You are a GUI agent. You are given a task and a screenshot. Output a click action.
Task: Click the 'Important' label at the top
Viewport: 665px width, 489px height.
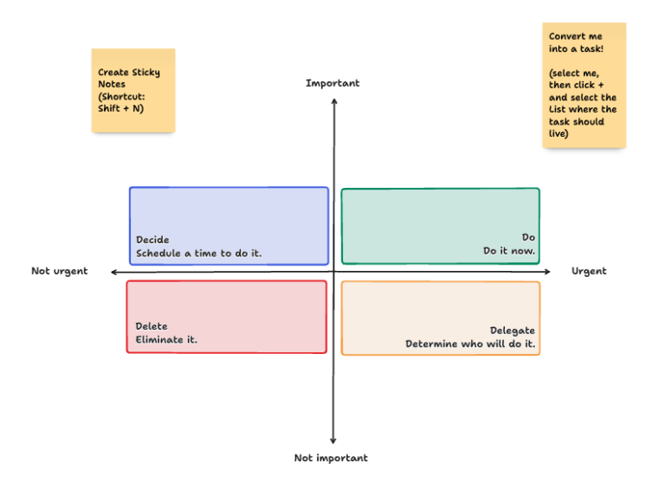pos(332,83)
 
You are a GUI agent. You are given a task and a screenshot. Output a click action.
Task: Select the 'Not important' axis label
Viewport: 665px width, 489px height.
pos(331,458)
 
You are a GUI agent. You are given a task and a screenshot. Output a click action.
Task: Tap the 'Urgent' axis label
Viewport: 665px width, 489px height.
pos(589,271)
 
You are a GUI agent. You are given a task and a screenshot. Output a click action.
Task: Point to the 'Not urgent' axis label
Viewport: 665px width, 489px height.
pos(60,271)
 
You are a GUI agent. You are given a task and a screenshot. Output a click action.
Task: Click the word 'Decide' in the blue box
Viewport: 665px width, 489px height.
pos(152,240)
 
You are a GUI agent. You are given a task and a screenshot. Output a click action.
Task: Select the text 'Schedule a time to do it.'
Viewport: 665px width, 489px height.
pos(198,254)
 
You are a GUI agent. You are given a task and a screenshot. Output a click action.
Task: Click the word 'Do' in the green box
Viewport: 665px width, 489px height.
pos(528,237)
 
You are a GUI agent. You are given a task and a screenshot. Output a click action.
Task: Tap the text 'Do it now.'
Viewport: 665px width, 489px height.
pos(509,251)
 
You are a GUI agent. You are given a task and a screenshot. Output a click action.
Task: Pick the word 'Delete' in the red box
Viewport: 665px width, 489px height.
pos(152,326)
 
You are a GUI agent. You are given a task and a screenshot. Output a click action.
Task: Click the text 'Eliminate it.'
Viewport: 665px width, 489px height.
pos(166,339)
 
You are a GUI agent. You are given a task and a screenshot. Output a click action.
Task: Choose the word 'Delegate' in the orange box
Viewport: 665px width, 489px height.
pos(513,331)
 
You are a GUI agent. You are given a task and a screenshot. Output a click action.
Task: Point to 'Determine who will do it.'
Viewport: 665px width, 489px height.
pos(470,344)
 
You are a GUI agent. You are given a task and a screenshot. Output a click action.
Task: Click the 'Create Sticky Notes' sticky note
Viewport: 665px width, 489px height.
pos(133,90)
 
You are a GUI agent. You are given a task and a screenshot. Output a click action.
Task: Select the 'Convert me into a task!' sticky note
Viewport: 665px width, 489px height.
pos(584,85)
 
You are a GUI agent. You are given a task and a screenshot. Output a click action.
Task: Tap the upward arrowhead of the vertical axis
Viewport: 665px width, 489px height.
pos(333,102)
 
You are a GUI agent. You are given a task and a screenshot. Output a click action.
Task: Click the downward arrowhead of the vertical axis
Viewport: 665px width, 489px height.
pos(333,441)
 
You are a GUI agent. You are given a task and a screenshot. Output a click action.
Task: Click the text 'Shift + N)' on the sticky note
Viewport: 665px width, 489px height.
pos(120,108)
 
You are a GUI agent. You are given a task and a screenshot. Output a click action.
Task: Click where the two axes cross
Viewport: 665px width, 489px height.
pos(333,272)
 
